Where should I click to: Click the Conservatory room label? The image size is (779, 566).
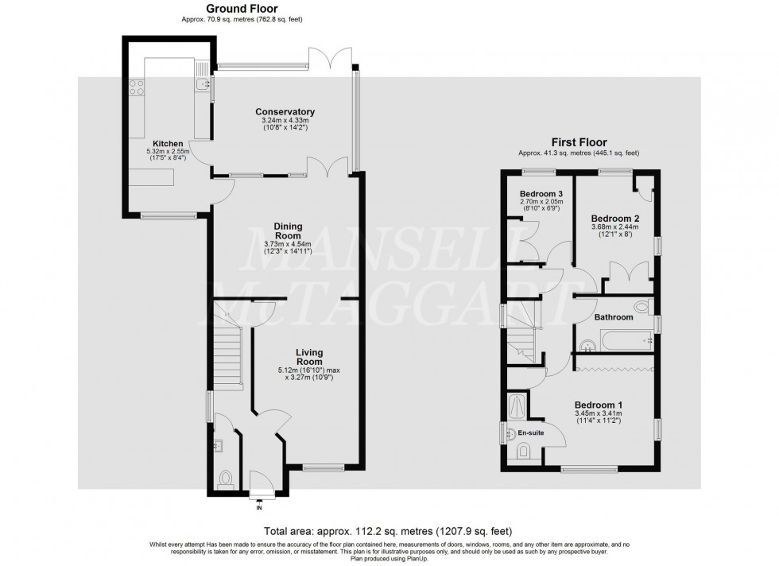[285, 112]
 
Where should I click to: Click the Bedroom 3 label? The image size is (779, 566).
[541, 194]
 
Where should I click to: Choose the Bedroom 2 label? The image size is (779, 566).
[615, 218]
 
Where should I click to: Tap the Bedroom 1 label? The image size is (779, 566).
[601, 405]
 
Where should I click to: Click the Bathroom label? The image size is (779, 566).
[614, 317]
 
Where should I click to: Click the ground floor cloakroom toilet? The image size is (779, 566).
[225, 479]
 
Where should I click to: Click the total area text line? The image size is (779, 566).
[389, 530]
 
